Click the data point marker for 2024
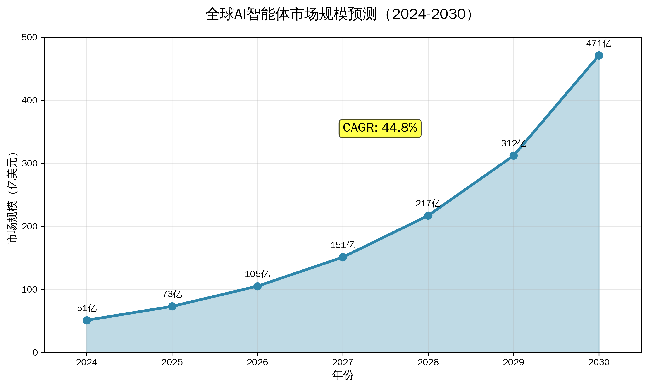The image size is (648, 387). pos(87,320)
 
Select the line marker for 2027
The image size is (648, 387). pos(343,257)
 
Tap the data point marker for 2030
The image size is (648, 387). pos(599,56)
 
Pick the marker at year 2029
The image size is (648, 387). pos(514,156)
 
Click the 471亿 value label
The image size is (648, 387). pos(599,43)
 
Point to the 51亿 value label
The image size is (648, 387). pos(87,308)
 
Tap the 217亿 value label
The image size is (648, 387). pos(428,203)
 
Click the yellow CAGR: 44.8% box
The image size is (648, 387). pos(380,128)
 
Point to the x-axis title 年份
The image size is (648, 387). pos(343,375)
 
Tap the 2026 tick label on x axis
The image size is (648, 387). pos(257,362)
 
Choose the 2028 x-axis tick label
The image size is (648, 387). pos(428,362)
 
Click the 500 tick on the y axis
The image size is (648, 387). pos(29,38)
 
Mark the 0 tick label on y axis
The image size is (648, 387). pos(35,353)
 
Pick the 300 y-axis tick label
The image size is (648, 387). pos(29,164)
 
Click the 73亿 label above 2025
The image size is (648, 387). pos(172,294)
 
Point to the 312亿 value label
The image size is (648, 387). pos(513,143)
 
